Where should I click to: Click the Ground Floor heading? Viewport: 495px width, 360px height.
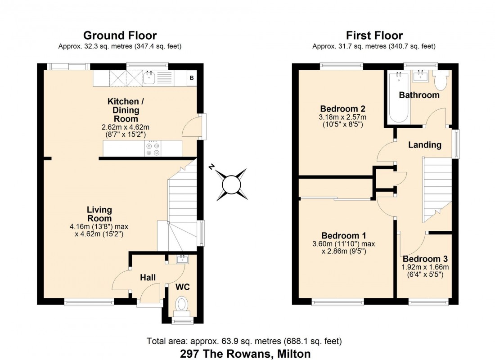click(x=120, y=36)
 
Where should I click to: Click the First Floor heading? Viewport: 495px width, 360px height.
click(x=374, y=36)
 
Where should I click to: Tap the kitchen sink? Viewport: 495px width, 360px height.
click(x=149, y=79)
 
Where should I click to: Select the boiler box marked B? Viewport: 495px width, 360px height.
click(x=192, y=79)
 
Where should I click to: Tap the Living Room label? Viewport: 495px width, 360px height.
click(x=99, y=214)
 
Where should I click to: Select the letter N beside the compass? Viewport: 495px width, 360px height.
click(x=211, y=167)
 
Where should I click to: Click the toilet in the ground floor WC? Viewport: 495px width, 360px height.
click(x=182, y=305)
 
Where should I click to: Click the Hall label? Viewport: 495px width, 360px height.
click(x=148, y=278)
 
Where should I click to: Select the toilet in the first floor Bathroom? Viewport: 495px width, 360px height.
click(x=441, y=80)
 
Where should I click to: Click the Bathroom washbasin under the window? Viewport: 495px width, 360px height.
click(x=420, y=76)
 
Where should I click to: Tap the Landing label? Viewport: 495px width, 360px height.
click(x=424, y=145)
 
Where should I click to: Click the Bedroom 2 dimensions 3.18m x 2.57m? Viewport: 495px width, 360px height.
click(x=342, y=117)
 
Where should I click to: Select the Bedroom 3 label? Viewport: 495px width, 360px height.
click(x=425, y=259)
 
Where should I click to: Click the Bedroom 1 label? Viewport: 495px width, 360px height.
click(x=343, y=236)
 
